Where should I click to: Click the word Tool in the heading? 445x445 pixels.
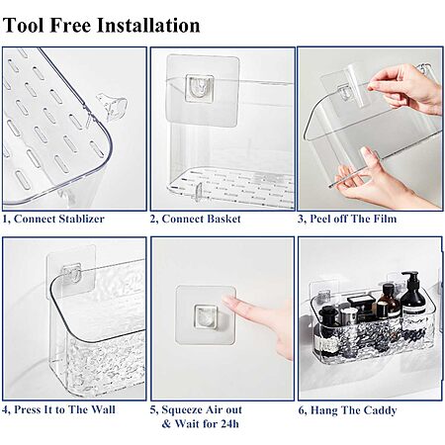(24, 26)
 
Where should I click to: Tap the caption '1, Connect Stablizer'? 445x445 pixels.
(53, 219)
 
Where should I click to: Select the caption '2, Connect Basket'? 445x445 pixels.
(196, 219)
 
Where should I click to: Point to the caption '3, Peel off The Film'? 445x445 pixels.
(347, 219)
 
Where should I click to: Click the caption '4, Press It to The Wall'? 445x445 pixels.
(58, 409)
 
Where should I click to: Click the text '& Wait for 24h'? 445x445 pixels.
(200, 423)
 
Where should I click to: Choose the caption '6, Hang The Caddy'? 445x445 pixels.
(347, 410)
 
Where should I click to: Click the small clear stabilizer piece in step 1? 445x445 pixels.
(111, 106)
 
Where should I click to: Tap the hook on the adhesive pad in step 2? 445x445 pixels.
(200, 87)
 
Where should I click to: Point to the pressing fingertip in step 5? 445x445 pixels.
(226, 300)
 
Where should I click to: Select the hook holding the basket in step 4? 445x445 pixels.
(72, 273)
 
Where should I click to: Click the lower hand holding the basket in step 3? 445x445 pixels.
(379, 180)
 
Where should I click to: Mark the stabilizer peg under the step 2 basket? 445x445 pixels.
(198, 193)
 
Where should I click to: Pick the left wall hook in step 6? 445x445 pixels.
(324, 296)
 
